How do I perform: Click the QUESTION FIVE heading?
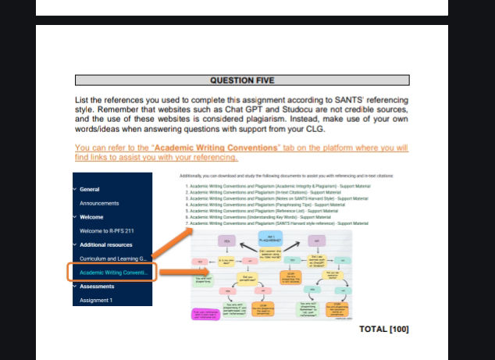click(x=242, y=80)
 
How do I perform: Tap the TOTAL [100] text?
click(x=383, y=329)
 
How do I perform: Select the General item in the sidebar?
click(x=90, y=189)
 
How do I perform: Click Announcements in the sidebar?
click(x=99, y=203)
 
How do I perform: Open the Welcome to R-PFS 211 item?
click(x=107, y=231)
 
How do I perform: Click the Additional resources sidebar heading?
click(x=109, y=244)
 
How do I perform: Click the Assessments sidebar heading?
click(x=98, y=287)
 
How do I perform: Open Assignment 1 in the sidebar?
click(x=96, y=300)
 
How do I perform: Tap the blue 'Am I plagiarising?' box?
click(x=271, y=239)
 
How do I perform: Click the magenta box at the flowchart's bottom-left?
click(x=208, y=314)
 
